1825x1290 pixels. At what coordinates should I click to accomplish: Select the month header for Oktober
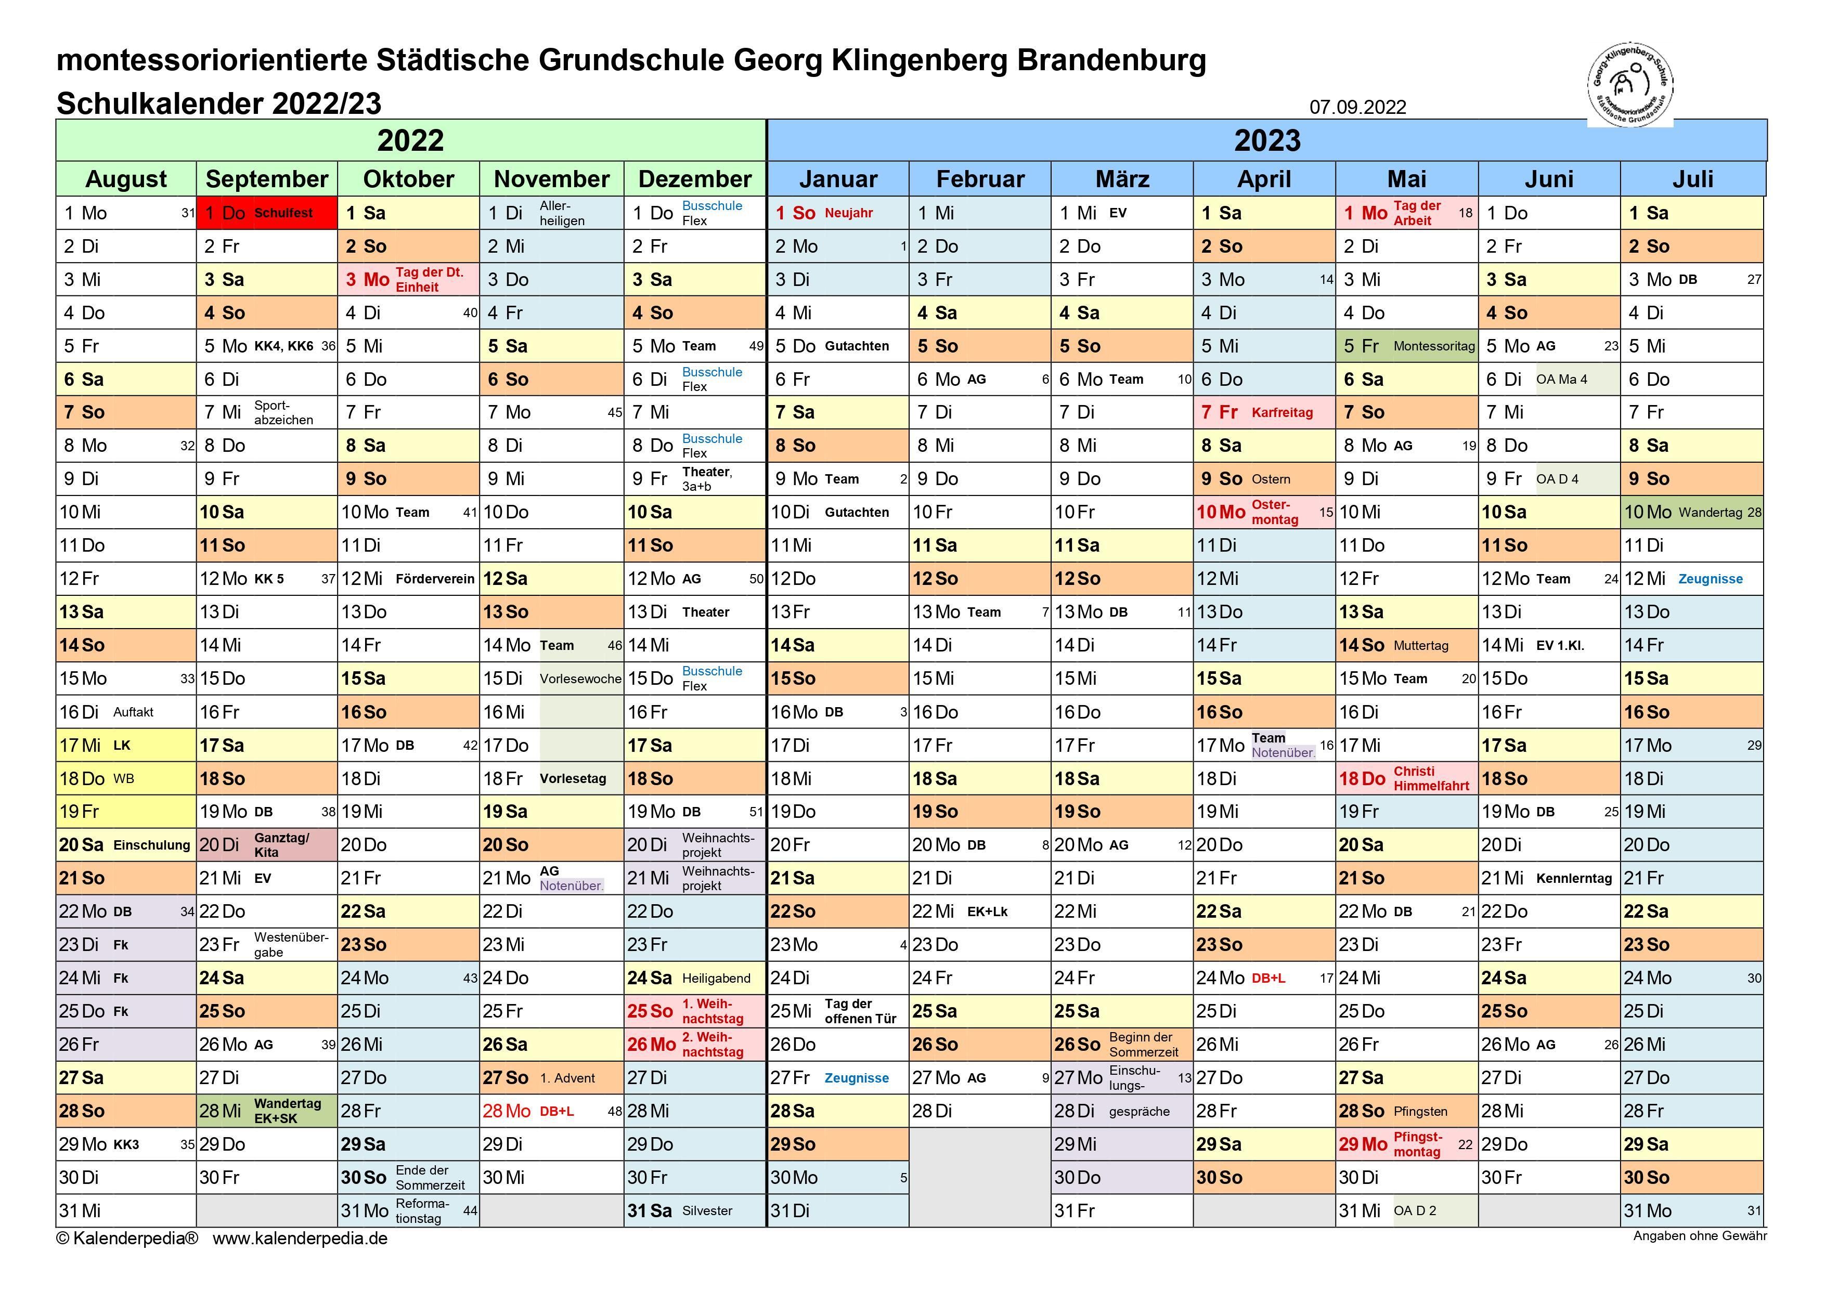tap(409, 179)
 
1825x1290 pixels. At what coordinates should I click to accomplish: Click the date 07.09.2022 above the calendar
tap(1357, 107)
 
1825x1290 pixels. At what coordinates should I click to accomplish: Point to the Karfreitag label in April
tap(1282, 412)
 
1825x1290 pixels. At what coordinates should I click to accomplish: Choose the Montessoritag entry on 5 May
tap(1434, 346)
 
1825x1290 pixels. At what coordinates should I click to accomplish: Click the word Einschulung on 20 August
tap(152, 845)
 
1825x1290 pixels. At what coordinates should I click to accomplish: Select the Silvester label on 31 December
tap(707, 1210)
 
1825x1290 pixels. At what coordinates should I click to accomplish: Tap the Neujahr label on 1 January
tap(848, 213)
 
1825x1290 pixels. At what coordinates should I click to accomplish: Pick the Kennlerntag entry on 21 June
tap(1573, 878)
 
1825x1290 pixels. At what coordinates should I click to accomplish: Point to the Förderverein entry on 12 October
tap(435, 579)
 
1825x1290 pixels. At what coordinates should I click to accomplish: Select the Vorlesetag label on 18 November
tap(572, 778)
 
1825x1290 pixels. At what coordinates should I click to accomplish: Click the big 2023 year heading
tap(1266, 141)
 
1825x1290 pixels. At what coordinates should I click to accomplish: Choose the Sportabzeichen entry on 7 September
tap(283, 412)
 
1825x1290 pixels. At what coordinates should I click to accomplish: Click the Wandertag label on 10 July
tap(1710, 513)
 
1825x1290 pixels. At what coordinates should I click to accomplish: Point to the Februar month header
tap(979, 179)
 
